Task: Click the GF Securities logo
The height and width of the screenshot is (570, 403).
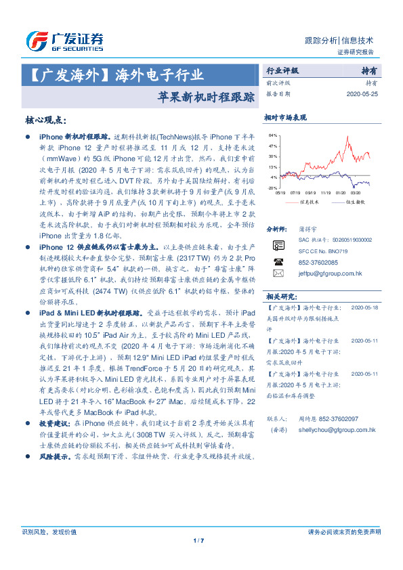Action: click(x=64, y=42)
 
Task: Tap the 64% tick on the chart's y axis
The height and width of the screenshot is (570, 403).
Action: click(x=273, y=135)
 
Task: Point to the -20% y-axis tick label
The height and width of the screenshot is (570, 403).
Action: click(x=272, y=188)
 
